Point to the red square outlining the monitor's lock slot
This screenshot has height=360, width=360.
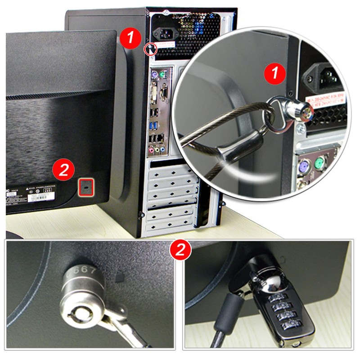86,186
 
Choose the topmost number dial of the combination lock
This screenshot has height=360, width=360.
275,299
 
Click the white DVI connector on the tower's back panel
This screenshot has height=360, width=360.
154,93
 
